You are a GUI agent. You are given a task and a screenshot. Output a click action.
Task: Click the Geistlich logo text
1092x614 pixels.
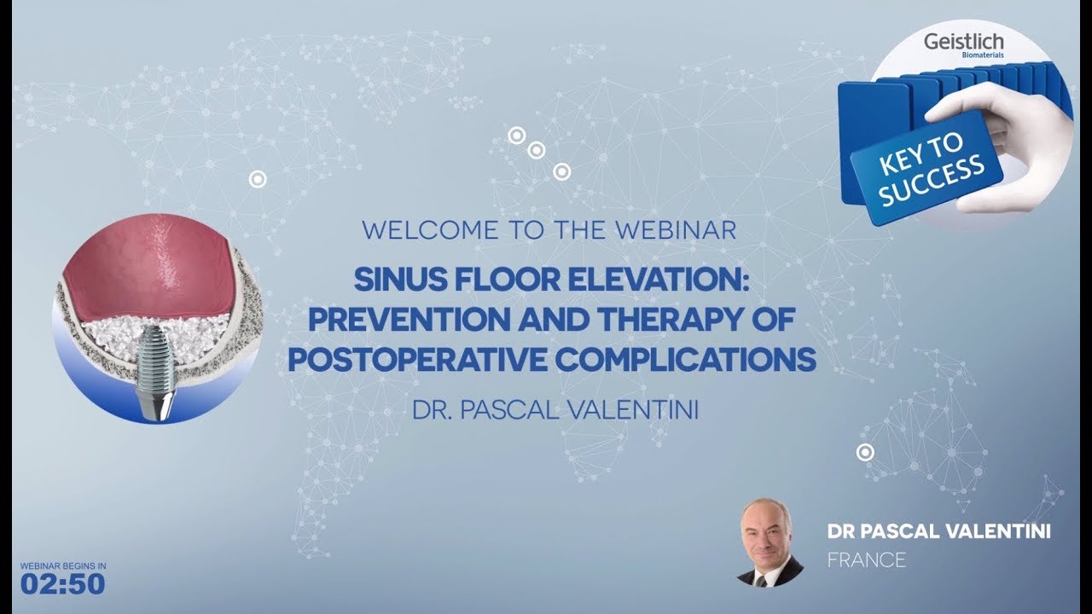pos(964,43)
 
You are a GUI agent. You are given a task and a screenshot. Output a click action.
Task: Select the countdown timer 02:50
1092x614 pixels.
pos(63,583)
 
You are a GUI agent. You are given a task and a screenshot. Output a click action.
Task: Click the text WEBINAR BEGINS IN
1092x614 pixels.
pos(63,565)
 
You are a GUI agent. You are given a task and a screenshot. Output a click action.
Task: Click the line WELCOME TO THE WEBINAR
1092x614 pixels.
pos(549,230)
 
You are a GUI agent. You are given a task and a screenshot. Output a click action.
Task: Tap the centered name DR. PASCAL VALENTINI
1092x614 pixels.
pos(555,410)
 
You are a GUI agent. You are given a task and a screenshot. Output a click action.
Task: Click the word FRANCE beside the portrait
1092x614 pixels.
pos(866,560)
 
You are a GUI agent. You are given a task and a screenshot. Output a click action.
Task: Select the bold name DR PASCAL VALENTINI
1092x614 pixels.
pos(938,532)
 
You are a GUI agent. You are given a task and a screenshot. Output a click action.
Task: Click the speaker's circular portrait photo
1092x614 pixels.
pos(770,543)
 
